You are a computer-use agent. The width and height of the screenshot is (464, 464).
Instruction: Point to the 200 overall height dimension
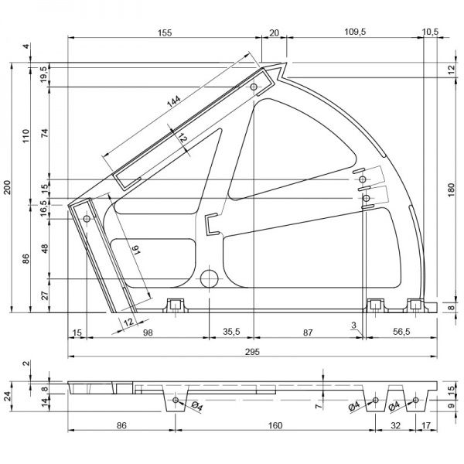pyautogui.click(x=9, y=188)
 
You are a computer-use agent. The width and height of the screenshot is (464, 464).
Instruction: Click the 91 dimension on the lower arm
pyautogui.click(x=135, y=251)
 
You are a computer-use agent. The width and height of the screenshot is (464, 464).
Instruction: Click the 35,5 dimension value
pyautogui.click(x=231, y=332)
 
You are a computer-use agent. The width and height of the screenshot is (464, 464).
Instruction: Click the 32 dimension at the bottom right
pyautogui.click(x=396, y=425)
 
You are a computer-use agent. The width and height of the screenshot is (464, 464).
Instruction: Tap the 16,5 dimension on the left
pyautogui.click(x=44, y=207)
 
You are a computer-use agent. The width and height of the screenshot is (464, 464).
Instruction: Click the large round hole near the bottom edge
pyautogui.click(x=210, y=278)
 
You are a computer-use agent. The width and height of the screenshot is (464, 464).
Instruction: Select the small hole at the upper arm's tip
pyautogui.click(x=254, y=88)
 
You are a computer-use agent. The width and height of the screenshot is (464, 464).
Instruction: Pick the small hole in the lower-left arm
pyautogui.click(x=87, y=220)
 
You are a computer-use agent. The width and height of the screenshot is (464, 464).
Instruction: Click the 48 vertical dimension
pyautogui.click(x=44, y=249)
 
